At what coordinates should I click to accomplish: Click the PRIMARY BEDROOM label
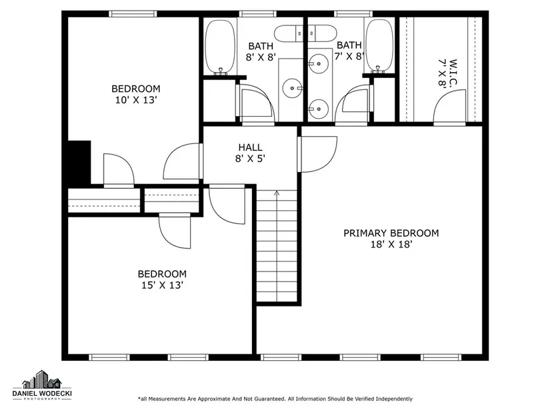pyautogui.click(x=391, y=234)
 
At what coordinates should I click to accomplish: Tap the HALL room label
pyautogui.click(x=250, y=147)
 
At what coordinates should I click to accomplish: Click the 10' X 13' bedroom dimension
pyautogui.click(x=135, y=100)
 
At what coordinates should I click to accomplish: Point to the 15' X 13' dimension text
pyautogui.click(x=162, y=285)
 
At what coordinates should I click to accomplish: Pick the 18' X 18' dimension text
pyautogui.click(x=391, y=244)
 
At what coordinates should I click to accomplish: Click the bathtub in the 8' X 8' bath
pyautogui.click(x=220, y=47)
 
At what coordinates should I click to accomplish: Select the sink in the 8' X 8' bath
pyautogui.click(x=292, y=88)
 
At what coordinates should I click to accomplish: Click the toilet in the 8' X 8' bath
pyautogui.click(x=289, y=33)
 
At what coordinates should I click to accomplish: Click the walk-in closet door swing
pyautogui.click(x=450, y=107)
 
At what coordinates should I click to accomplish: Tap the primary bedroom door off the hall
pyautogui.click(x=317, y=154)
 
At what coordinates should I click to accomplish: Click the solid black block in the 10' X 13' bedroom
pyautogui.click(x=79, y=162)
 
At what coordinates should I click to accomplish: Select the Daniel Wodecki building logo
pyautogui.click(x=42, y=379)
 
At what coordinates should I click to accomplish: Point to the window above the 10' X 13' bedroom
pyautogui.click(x=133, y=14)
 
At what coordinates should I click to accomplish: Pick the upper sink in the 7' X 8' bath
pyautogui.click(x=319, y=63)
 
